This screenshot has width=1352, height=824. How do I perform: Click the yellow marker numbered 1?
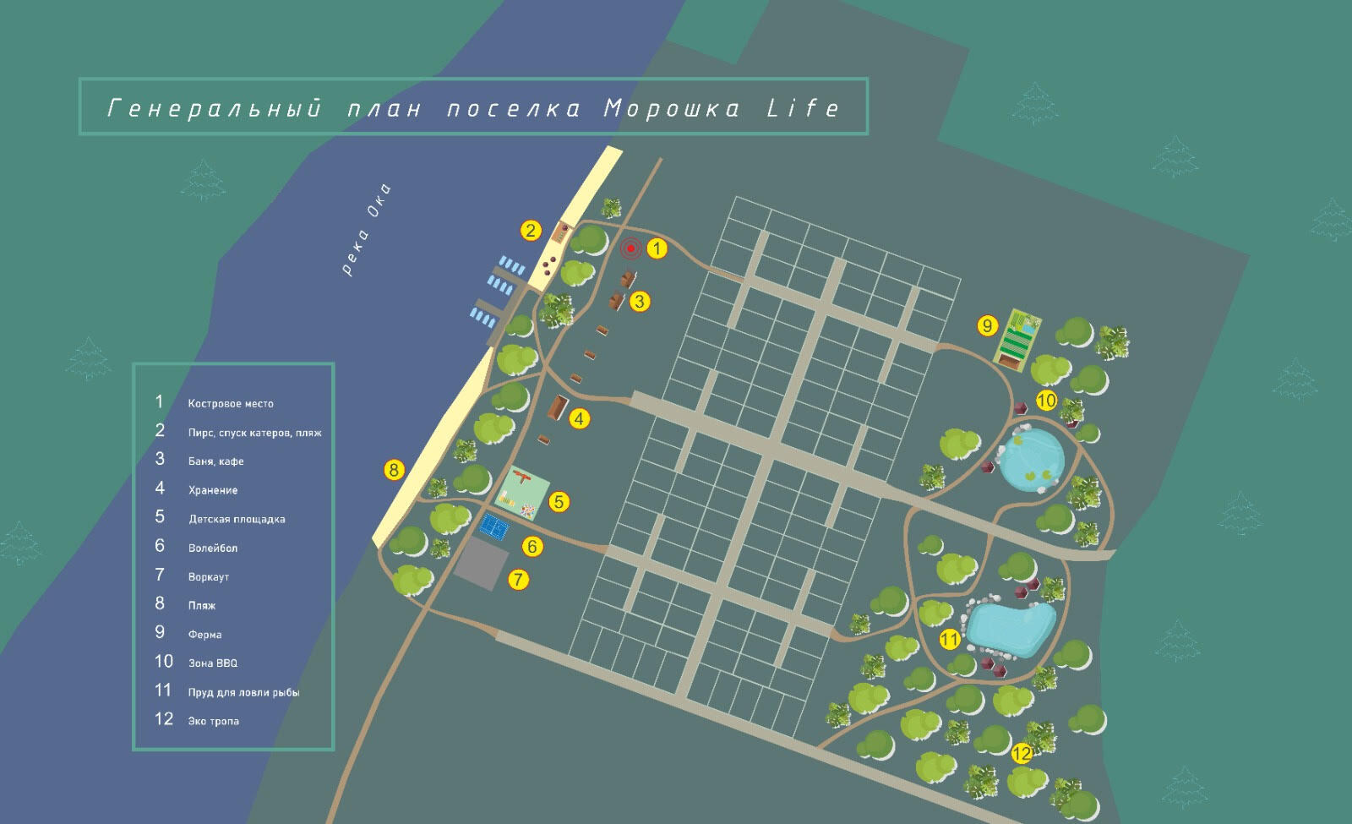(x=657, y=248)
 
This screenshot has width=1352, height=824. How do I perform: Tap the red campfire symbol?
(x=630, y=248)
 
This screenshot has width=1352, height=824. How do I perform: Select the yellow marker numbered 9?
(x=987, y=325)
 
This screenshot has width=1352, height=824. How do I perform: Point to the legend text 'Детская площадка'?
(x=237, y=519)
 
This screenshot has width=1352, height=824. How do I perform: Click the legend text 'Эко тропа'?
(x=214, y=721)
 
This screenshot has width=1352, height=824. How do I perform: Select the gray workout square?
(x=481, y=564)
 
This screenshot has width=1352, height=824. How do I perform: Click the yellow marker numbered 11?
(x=950, y=640)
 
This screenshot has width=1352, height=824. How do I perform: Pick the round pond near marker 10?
(x=1032, y=458)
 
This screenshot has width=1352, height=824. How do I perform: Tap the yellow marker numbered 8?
(x=394, y=470)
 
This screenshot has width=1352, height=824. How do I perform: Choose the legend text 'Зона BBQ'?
(x=213, y=663)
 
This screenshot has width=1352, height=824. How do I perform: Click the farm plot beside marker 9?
(x=1018, y=341)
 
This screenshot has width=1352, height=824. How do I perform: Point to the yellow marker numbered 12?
(x=1022, y=753)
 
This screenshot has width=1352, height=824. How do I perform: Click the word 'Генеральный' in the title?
(x=215, y=108)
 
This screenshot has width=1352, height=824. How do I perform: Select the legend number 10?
(x=163, y=662)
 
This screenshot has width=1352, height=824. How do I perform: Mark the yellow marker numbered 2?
(x=531, y=231)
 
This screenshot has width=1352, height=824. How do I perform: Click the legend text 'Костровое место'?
(x=231, y=404)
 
